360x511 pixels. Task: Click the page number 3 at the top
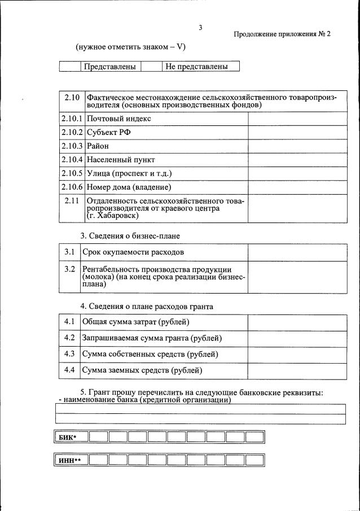pyautogui.click(x=200, y=28)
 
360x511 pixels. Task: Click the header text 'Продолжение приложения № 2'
pyautogui.click(x=282, y=34)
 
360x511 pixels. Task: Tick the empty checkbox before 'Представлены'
pyautogui.click(x=70, y=67)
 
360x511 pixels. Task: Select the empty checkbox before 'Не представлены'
pyautogui.click(x=151, y=67)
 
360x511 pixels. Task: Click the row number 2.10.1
pyautogui.click(x=72, y=119)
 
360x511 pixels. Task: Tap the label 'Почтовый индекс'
pyautogui.click(x=119, y=119)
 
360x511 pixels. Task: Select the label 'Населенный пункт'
pyautogui.click(x=121, y=160)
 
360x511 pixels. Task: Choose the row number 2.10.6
pyautogui.click(x=72, y=187)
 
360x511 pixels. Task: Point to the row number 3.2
pyautogui.click(x=69, y=269)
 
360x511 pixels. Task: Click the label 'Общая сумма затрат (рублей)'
pyautogui.click(x=135, y=322)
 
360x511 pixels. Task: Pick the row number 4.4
pyautogui.click(x=69, y=370)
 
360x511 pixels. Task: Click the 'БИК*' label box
pyautogui.click(x=71, y=437)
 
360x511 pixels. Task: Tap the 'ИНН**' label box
pyautogui.click(x=71, y=460)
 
